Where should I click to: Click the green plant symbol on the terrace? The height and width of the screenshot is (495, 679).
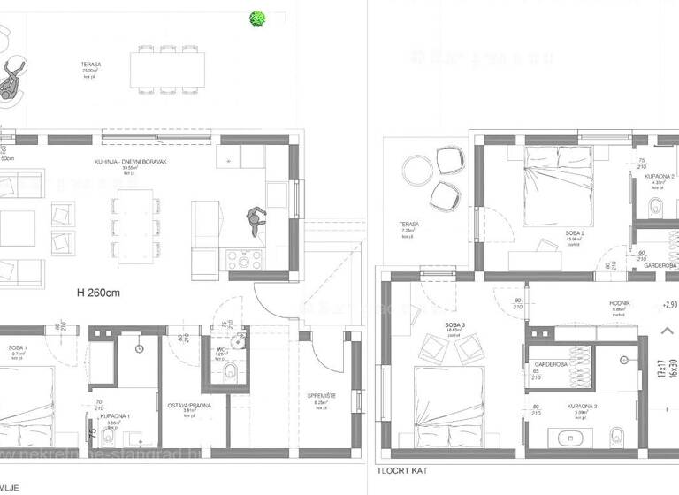258,18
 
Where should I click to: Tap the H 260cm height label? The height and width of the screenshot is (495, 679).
98,294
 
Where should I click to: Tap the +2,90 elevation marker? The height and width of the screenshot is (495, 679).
669,303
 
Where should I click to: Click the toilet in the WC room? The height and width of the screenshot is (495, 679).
232,375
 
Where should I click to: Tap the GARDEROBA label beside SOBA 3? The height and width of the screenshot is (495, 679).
544,363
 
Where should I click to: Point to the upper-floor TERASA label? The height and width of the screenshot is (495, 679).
409,225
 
